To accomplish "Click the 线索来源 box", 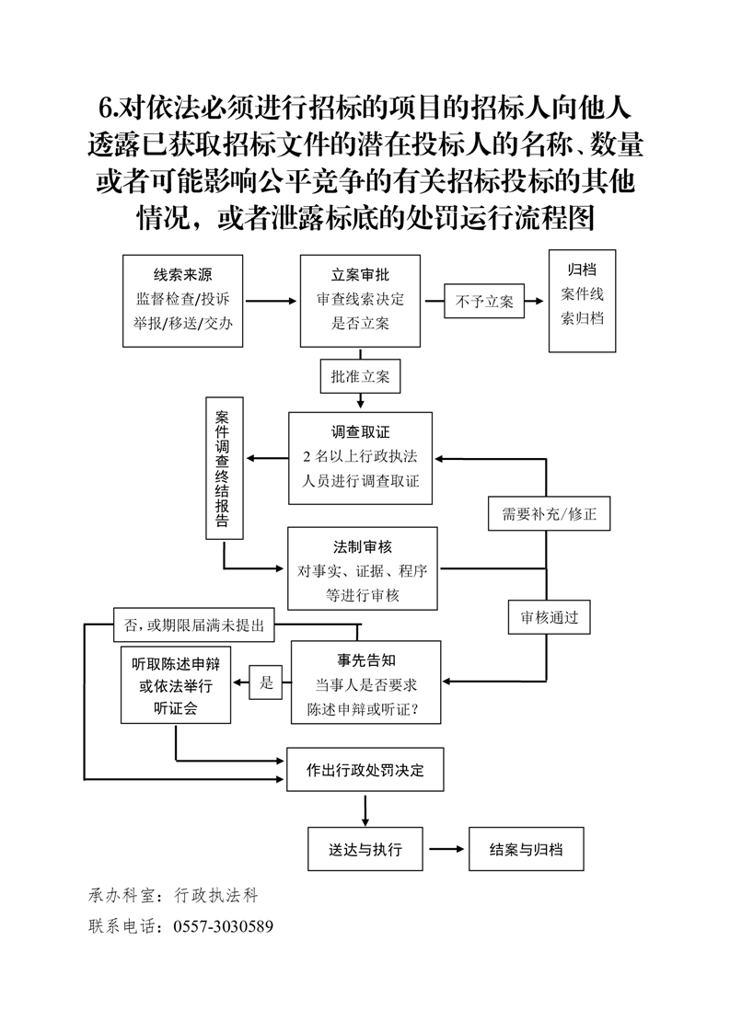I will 183,300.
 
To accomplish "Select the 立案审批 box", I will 360,300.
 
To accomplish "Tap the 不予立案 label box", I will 484,301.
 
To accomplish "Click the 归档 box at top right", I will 582,300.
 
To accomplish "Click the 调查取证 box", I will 360,457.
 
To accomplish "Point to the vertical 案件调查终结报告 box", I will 224,467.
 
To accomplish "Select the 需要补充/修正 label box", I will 549,514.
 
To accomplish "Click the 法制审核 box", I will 361,568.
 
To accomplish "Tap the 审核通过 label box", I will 550,617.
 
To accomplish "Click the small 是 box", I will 266,682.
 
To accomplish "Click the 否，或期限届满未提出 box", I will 193,626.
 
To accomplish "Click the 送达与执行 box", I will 365,849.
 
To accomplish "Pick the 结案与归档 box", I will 527,849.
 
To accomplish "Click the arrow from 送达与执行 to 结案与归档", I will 446,849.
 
